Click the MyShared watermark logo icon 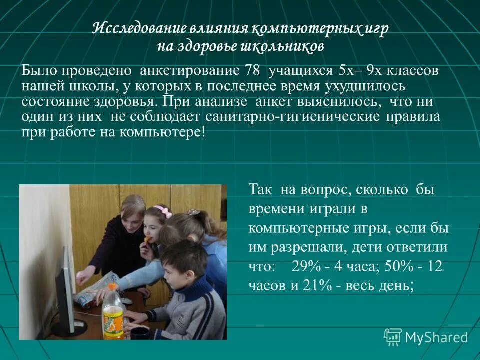[393, 337]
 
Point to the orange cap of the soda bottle [113, 287]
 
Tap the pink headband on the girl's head [163, 210]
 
